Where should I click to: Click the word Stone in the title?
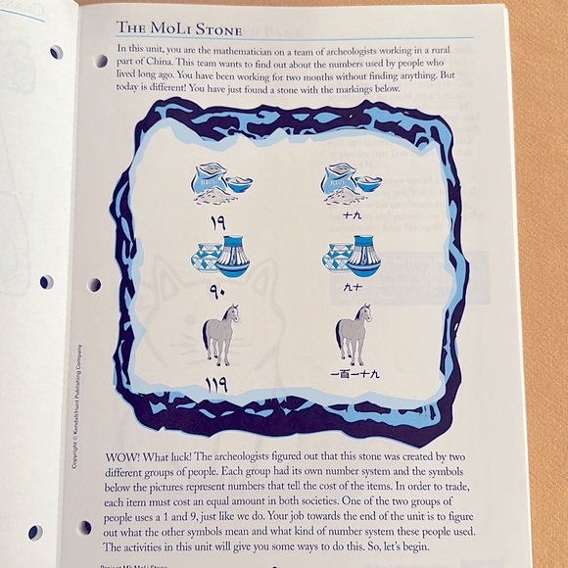coord(218,29)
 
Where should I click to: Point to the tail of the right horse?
coord(339,339)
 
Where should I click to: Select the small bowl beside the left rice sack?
coord(238,183)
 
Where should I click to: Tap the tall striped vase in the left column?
coord(233,257)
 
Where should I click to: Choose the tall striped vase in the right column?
coord(362,257)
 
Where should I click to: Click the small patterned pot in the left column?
coord(207,258)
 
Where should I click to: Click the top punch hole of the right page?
coord(101,61)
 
